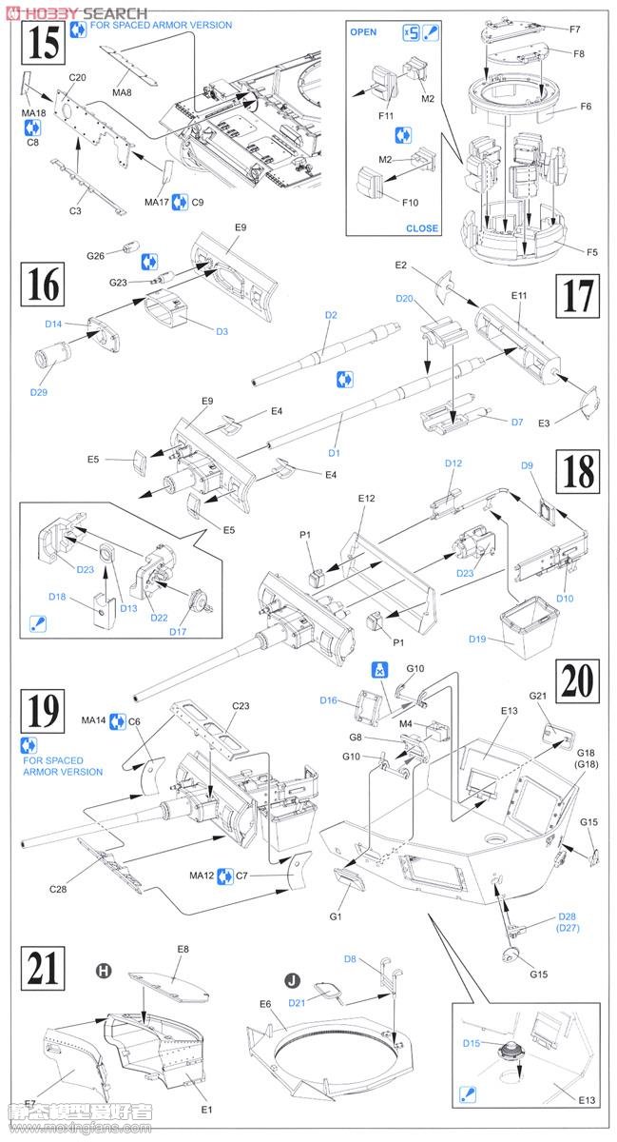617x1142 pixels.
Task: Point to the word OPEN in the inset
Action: click(x=363, y=32)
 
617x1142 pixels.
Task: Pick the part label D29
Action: click(x=38, y=391)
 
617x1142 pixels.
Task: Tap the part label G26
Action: click(x=95, y=256)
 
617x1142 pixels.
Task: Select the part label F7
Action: click(x=575, y=30)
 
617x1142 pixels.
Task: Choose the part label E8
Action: click(x=183, y=949)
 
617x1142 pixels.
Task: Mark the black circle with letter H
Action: click(x=105, y=971)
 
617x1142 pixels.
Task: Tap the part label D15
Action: click(x=472, y=1044)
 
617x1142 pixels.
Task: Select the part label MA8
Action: click(x=123, y=91)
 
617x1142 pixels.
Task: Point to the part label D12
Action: click(x=453, y=463)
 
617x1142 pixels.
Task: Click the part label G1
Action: click(x=335, y=916)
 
